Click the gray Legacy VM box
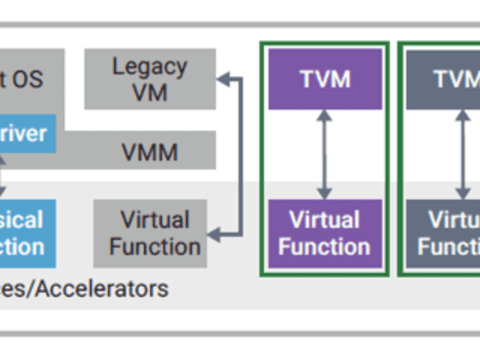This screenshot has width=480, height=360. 150,79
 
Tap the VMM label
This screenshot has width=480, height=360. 150,152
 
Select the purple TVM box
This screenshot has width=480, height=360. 325,79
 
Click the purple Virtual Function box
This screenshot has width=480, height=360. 325,233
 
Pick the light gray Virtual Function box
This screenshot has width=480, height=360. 150,233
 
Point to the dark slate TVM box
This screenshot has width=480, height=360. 444,79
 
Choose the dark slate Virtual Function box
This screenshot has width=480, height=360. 444,233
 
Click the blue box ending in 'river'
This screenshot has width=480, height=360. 28,133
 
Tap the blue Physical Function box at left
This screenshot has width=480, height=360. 28,233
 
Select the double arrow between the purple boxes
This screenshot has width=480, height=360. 325,154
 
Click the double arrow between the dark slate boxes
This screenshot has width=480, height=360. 462,154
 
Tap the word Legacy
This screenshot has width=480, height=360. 150,67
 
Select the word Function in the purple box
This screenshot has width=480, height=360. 325,247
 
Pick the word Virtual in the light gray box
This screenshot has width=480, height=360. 155,220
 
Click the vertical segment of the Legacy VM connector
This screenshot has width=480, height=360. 241,156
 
